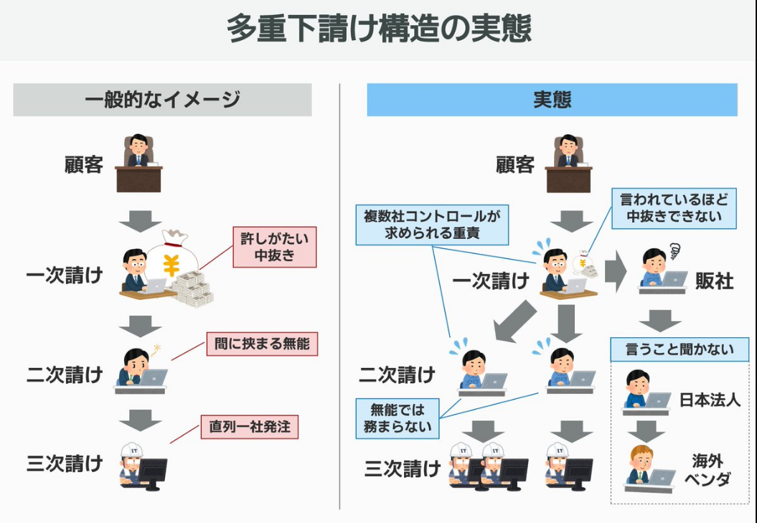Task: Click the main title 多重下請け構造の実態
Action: [379, 29]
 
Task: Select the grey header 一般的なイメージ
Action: [162, 100]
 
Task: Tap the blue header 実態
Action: [552, 100]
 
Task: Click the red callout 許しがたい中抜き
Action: [274, 247]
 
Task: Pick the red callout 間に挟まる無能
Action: [262, 344]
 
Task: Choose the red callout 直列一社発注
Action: [250, 427]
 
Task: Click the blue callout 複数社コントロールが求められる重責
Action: [432, 225]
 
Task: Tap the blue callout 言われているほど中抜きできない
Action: [674, 208]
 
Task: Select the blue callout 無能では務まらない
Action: [398, 418]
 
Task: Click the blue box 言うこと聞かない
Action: [680, 349]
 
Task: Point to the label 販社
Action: [715, 281]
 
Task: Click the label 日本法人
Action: [710, 400]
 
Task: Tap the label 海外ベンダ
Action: [707, 470]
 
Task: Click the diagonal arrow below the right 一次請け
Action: [515, 321]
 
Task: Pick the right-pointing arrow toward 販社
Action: [616, 273]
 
